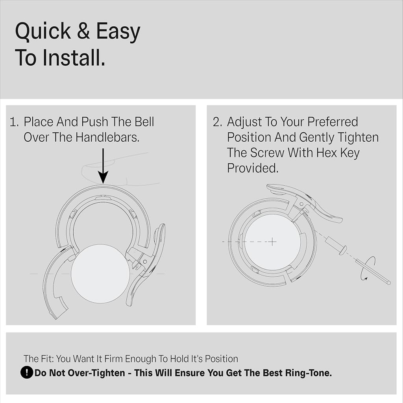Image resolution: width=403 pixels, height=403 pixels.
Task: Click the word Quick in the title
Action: [43, 31]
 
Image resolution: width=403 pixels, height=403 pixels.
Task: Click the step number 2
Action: [217, 122]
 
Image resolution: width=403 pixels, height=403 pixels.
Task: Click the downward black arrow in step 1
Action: [103, 166]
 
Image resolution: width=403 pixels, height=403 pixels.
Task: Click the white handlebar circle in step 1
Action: [100, 274]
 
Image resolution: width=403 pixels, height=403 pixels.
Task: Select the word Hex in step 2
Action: [326, 153]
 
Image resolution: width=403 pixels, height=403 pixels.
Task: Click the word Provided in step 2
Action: [252, 168]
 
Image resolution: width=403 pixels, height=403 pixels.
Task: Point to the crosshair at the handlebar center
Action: [272, 242]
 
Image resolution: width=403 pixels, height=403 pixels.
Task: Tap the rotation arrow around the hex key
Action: [368, 268]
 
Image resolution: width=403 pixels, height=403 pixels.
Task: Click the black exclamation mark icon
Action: [27, 372]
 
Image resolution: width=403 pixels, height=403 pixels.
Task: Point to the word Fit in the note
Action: [48, 359]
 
